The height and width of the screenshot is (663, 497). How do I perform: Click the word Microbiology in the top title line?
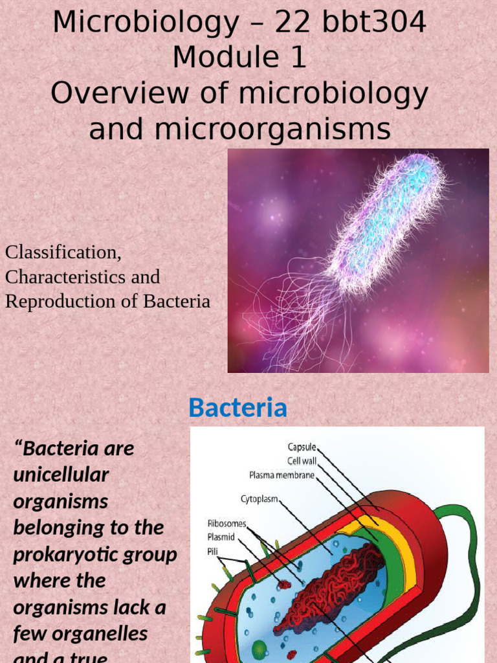point(146,23)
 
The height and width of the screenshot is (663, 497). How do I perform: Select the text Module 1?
point(239,58)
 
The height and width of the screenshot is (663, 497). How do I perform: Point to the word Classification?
point(63,252)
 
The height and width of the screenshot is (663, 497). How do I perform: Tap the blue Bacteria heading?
point(237,408)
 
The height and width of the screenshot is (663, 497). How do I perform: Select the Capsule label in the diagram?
point(302,447)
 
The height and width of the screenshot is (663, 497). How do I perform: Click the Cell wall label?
point(302,460)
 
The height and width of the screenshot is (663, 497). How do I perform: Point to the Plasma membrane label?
point(282,475)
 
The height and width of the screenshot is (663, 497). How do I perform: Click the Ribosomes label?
point(226,523)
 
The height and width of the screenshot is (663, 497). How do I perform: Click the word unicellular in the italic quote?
point(61,475)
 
